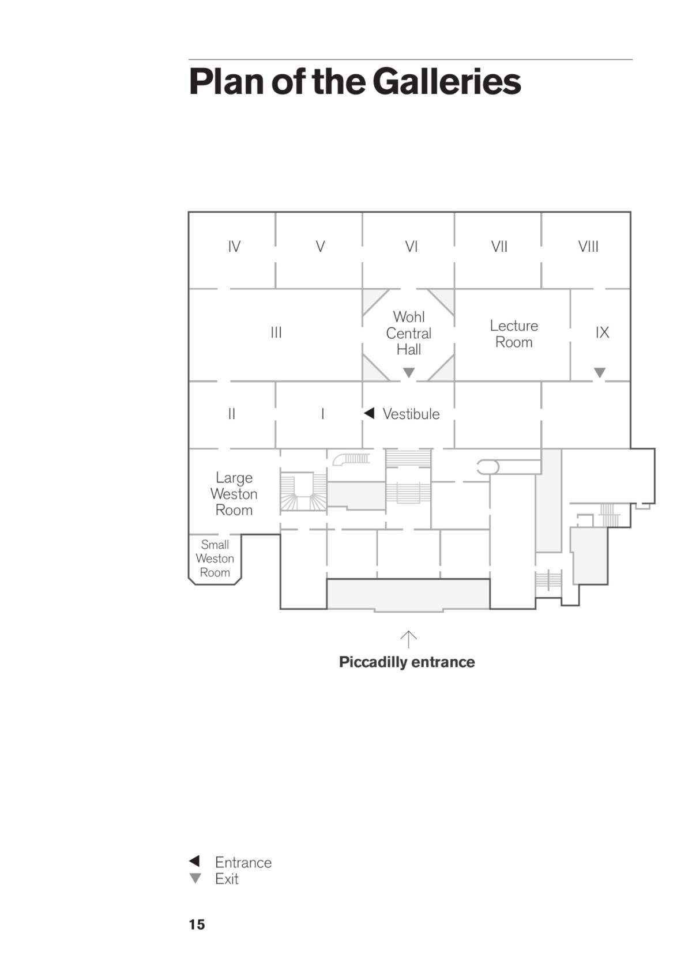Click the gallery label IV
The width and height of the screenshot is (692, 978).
234,247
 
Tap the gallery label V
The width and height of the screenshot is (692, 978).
320,247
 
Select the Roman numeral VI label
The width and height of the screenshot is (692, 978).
412,247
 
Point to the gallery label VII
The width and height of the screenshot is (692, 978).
499,247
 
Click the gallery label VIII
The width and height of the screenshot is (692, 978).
588,247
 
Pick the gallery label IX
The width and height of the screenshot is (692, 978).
603,333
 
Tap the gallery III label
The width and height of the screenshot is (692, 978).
276,333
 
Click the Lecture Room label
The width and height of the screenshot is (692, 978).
514,334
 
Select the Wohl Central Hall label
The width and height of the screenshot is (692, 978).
408,333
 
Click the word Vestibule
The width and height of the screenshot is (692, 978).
411,414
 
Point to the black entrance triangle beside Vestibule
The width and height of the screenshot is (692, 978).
370,413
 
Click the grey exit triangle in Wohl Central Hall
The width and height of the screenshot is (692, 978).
408,372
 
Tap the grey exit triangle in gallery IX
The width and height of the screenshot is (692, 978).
600,372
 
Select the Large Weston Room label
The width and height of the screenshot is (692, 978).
234,494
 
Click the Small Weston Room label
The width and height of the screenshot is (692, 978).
215,558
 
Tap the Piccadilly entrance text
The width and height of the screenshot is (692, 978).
407,662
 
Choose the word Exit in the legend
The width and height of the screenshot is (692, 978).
227,879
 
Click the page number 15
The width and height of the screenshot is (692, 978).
197,925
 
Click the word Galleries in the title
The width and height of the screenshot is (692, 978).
446,82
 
